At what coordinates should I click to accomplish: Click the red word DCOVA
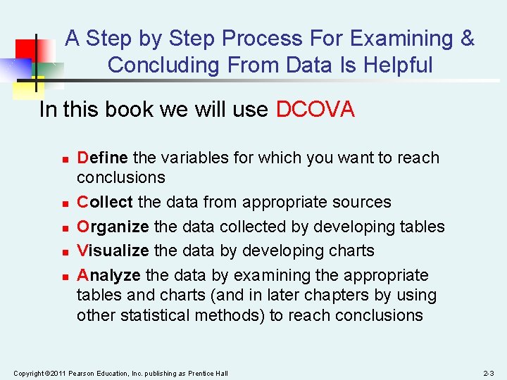coord(315,110)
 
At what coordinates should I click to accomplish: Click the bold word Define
coord(102,158)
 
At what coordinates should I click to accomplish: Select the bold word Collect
coord(105,202)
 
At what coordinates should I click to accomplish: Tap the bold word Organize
coord(113,227)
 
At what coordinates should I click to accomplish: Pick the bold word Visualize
coord(113,251)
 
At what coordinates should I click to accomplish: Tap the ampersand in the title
coord(468,38)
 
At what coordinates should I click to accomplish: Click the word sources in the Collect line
coord(363,202)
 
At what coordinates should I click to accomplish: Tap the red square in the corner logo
coord(26,49)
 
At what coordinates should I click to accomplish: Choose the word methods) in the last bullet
coord(234,315)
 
